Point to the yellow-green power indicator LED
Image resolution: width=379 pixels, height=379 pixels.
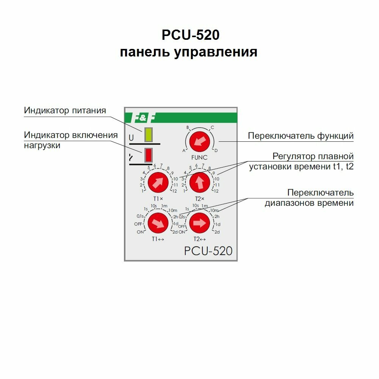click(x=148, y=135)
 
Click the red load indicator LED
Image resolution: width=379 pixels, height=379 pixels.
click(x=148, y=155)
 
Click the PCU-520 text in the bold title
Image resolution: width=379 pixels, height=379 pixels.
click(x=191, y=35)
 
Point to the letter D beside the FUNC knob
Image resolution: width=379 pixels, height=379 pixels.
click(x=216, y=150)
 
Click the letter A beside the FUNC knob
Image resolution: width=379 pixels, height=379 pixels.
click(x=184, y=150)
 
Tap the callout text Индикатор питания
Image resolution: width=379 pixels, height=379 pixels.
click(x=65, y=110)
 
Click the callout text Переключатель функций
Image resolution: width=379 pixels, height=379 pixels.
click(x=301, y=136)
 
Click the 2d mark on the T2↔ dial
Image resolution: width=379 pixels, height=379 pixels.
click(x=217, y=232)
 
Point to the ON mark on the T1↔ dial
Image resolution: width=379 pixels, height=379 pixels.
click(x=140, y=232)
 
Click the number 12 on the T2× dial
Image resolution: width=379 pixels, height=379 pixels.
click(x=216, y=191)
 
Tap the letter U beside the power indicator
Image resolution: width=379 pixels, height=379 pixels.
click(x=132, y=138)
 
